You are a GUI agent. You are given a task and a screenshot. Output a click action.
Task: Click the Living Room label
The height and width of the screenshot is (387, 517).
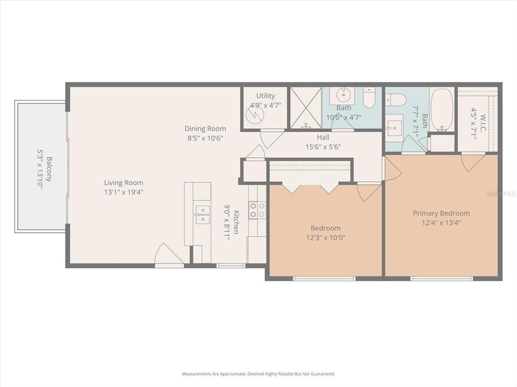coord(123,182)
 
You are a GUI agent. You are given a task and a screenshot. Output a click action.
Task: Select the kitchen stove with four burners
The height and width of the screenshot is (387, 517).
coord(257,210)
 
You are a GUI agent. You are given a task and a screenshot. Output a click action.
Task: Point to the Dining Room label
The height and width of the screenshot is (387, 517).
coord(205,128)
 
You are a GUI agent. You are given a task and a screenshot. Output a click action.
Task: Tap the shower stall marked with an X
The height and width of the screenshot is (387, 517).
coord(305,107)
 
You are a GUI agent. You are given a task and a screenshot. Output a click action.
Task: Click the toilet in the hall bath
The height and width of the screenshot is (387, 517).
coord(369,97)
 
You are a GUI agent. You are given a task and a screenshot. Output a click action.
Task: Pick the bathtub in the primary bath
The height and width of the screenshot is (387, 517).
coord(442,110)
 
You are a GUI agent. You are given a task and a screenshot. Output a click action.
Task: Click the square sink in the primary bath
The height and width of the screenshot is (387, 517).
coord(394,127)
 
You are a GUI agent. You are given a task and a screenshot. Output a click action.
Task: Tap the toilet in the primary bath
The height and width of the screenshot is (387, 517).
coord(395,99)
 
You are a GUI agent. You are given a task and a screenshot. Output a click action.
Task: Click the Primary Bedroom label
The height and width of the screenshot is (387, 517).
coord(441,213)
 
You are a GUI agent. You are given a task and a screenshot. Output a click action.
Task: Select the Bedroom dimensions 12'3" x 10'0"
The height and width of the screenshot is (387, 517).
coord(325,237)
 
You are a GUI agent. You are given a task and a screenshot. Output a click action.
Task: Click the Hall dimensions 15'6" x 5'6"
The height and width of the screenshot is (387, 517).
coord(323,147)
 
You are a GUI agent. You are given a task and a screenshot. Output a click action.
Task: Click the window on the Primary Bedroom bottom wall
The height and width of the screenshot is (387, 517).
coord(442,278)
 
